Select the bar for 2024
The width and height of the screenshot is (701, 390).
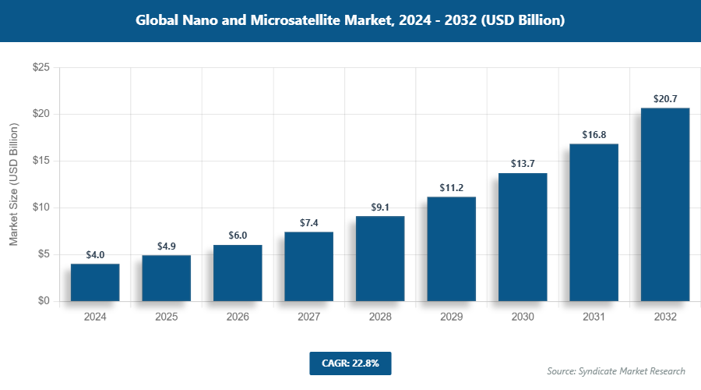coord(95,282)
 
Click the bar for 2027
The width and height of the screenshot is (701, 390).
coord(308,266)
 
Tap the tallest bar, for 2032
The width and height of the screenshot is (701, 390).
coord(664,204)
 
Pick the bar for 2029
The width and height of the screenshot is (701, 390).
coord(451,249)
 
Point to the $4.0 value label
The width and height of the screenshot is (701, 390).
coord(95,255)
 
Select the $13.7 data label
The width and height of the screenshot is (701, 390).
coord(523,164)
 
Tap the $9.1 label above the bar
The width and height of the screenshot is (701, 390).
coord(380,207)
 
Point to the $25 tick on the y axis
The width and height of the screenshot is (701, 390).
coord(41,68)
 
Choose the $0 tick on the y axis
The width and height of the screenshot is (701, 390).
coord(44,301)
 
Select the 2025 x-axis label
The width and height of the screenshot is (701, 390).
coord(166,317)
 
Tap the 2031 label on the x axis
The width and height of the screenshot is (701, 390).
coord(594,317)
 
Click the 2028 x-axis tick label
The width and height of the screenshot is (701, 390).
coord(380,317)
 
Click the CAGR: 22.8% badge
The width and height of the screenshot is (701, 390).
coord(350,363)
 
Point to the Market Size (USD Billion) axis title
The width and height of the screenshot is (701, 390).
coord(13,184)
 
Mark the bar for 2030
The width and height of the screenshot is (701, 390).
coord(523,237)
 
